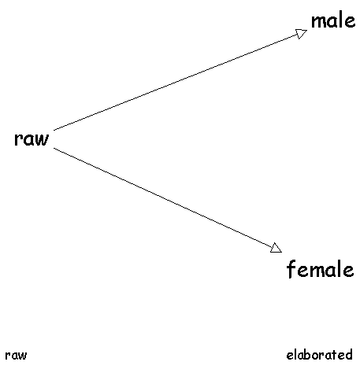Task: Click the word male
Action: [333, 21]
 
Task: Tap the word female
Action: [320, 269]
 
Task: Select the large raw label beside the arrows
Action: [32, 138]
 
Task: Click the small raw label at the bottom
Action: [16, 356]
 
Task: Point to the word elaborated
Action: [319, 355]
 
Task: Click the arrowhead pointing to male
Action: [302, 33]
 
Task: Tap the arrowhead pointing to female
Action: [276, 248]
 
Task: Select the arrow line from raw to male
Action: [180, 80]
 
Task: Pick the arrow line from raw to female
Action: [168, 201]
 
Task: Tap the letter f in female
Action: [291, 269]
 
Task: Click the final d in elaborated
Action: [348, 355]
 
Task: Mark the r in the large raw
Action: [18, 139]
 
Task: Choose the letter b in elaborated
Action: [304, 355]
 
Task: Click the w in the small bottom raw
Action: [23, 356]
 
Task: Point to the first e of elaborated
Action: [290, 356]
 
